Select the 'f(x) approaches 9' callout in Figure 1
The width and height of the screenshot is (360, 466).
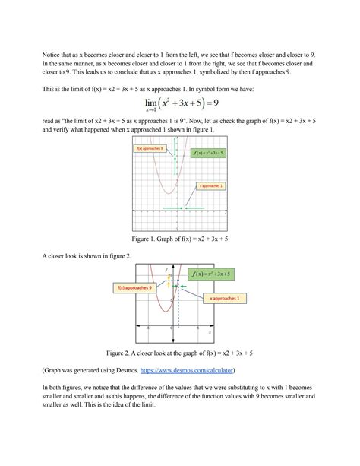(x=150, y=149)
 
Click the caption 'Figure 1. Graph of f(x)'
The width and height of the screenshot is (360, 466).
(x=180, y=239)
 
